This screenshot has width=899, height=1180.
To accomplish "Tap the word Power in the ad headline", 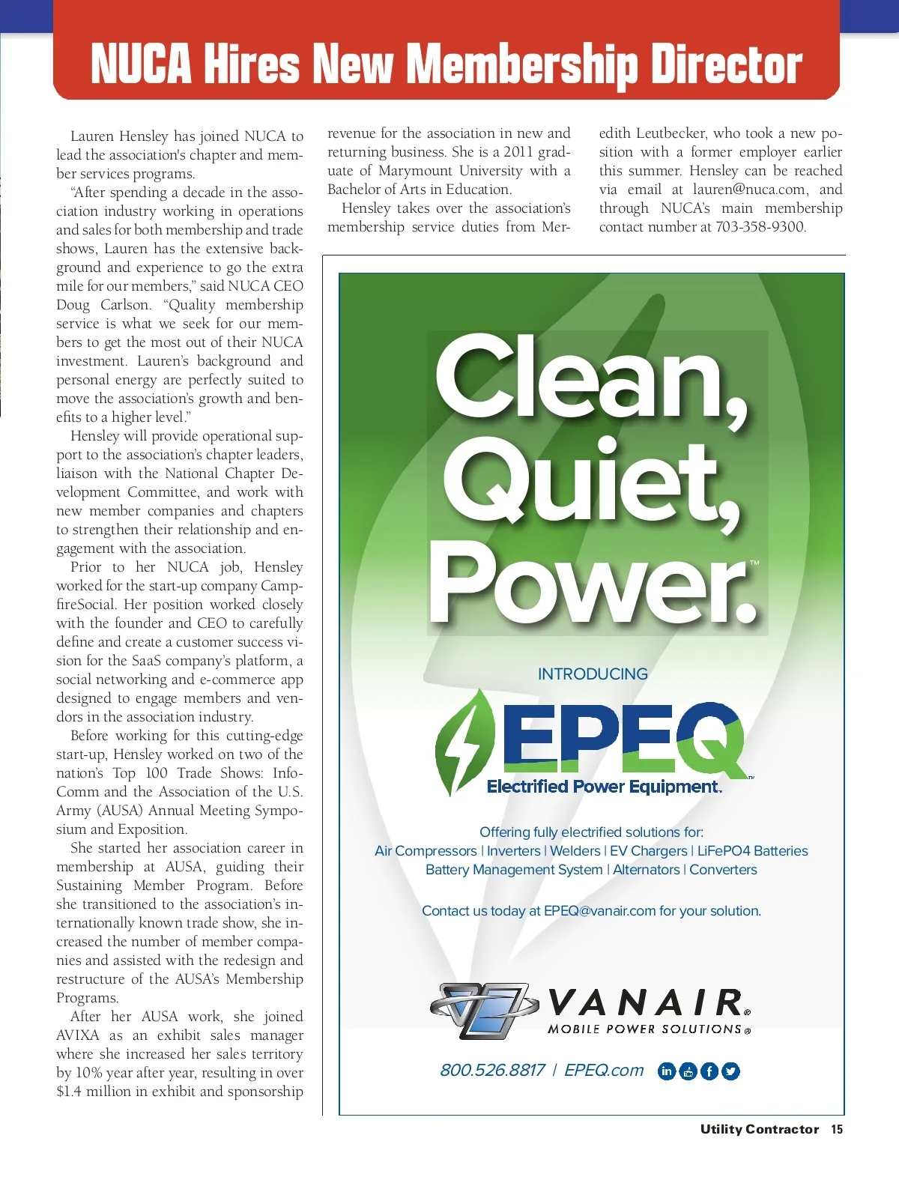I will [x=588, y=584].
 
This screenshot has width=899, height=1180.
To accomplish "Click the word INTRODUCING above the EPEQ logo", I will [x=593, y=674].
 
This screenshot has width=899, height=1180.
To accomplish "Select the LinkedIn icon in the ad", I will [x=666, y=1071].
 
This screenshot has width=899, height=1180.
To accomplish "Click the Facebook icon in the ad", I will [x=709, y=1071].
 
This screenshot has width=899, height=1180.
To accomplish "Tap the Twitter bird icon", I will [x=730, y=1071].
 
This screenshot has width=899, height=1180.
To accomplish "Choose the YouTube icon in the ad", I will [x=688, y=1071].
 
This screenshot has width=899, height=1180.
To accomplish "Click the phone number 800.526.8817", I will [x=492, y=1070].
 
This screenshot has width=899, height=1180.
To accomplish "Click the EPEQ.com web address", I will [x=604, y=1070].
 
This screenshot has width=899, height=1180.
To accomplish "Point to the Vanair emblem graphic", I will [x=483, y=1009].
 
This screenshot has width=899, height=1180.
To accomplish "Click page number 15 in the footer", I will [x=837, y=1129].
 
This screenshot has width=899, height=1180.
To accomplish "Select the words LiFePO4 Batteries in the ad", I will [x=752, y=851].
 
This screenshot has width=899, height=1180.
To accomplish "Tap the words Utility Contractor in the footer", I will [x=759, y=1129].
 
